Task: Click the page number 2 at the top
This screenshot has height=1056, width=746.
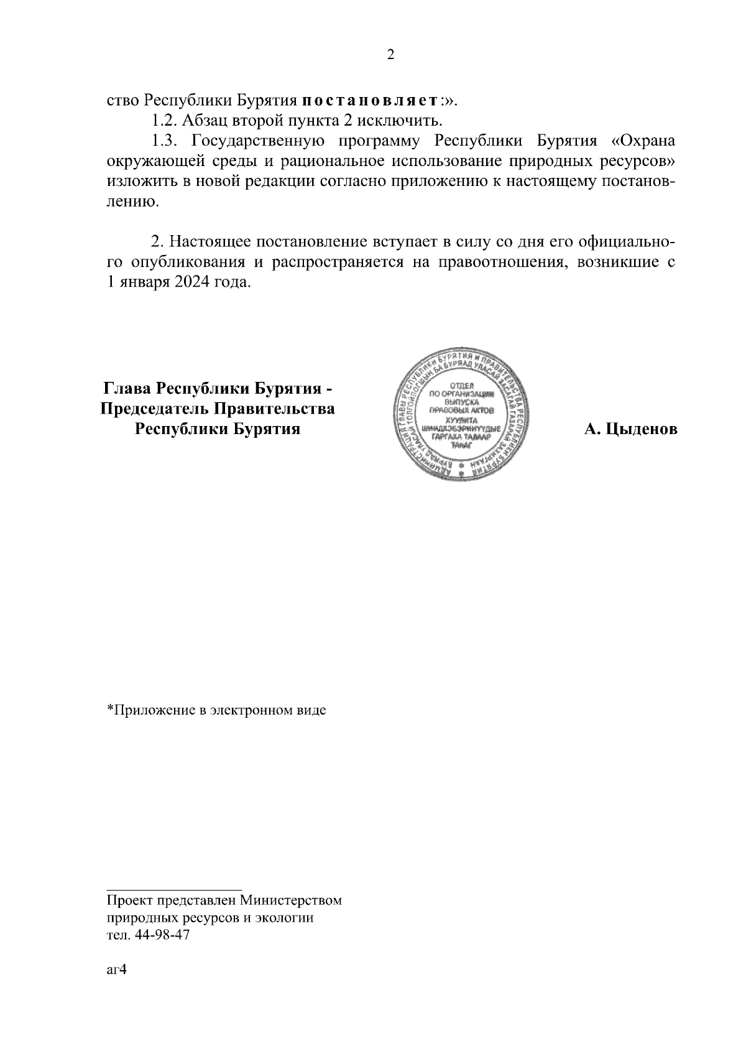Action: [x=390, y=55]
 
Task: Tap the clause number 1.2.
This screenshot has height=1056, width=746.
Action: [x=165, y=120]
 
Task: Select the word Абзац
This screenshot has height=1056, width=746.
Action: [x=206, y=120]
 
